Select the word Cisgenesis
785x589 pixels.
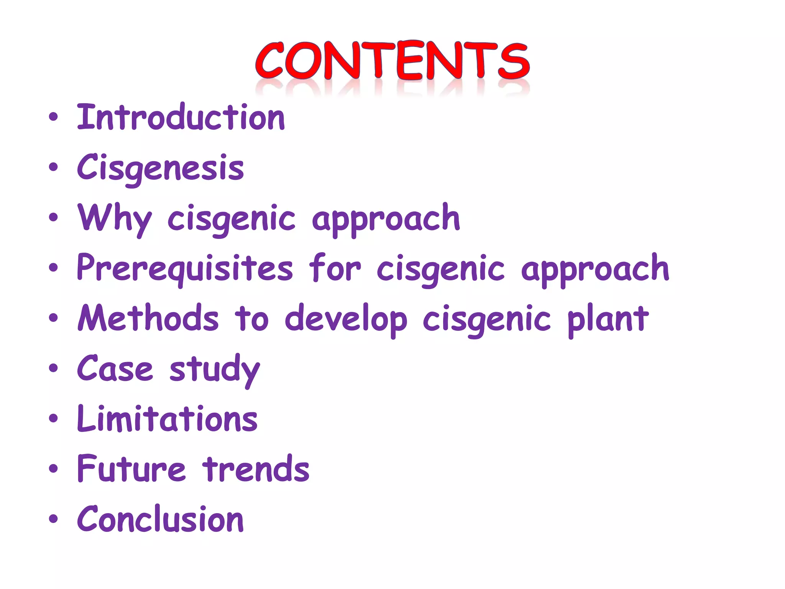click(160, 168)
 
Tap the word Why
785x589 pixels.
click(114, 218)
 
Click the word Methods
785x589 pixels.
click(148, 318)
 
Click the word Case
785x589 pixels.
click(115, 369)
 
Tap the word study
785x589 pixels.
click(215, 369)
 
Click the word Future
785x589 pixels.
click(131, 469)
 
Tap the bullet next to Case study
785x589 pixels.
click(54, 369)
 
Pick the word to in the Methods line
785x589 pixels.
click(251, 319)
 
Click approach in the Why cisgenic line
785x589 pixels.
click(386, 219)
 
